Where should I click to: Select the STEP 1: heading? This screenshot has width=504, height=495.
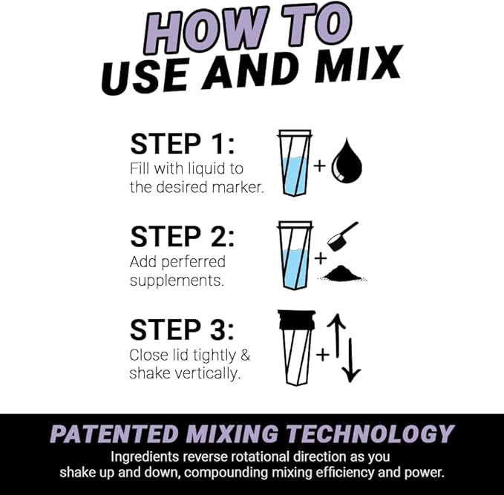pos(182,145)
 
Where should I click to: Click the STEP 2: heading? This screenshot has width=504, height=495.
pos(182,237)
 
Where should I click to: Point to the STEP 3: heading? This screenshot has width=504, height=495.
pos(182,330)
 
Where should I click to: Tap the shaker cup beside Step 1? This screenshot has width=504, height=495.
pos(295,163)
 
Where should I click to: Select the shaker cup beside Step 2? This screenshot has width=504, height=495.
pos(295,256)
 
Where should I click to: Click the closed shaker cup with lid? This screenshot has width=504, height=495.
pos(295,349)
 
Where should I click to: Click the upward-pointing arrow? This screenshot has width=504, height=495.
pos(335,334)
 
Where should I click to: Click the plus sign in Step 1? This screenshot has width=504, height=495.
pos(320,165)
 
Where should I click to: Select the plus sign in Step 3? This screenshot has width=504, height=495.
pos(322,355)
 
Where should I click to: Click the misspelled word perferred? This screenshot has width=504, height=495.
pos(192,262)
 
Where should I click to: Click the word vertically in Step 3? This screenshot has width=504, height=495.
pos(207,373)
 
